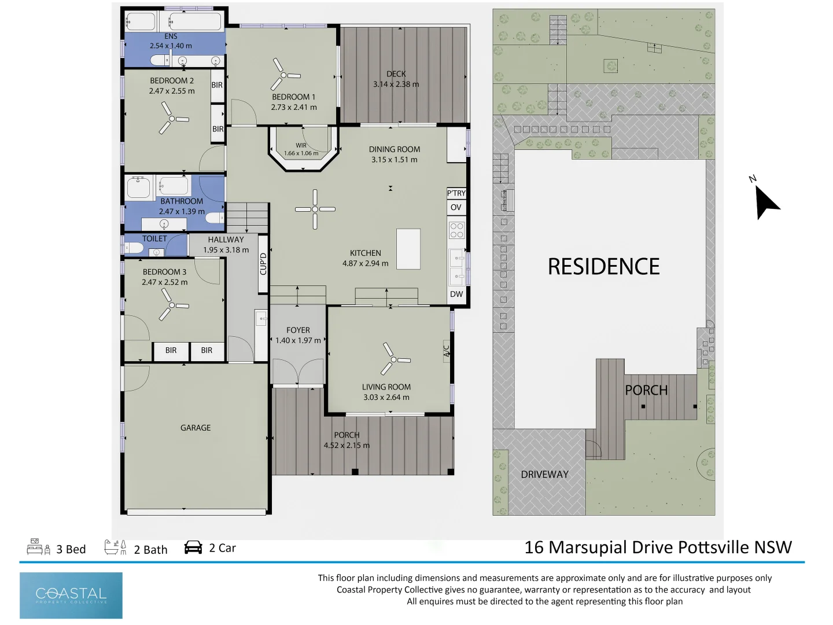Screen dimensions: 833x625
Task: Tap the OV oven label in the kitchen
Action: [456, 207]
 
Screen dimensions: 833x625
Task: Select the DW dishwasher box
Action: [456, 294]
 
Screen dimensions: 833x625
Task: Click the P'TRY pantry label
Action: [456, 193]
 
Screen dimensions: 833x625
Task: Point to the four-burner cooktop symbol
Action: [456, 230]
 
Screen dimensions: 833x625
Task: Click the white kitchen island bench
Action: [408, 249]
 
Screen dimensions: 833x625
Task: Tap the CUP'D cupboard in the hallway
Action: [263, 264]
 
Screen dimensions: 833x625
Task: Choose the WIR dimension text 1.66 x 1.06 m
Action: [301, 153]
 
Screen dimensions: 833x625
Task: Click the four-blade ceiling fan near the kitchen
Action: [315, 209]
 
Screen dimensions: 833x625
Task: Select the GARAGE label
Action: [196, 428]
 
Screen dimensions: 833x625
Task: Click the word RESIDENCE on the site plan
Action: [603, 266]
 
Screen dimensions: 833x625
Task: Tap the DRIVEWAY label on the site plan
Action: [544, 475]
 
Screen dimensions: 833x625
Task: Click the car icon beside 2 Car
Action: [193, 547]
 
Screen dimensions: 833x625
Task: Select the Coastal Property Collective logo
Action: [71, 595]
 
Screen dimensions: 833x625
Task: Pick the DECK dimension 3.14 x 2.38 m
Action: [396, 84]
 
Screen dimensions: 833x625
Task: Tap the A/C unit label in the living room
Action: [446, 351]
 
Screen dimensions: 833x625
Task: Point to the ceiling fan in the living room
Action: [394, 359]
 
